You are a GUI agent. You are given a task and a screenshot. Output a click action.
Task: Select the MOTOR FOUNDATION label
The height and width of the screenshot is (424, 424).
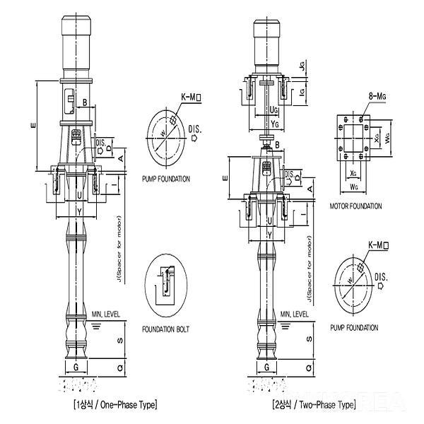click(x=355, y=206)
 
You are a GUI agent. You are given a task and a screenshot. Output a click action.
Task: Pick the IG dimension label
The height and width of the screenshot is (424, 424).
click(x=302, y=92)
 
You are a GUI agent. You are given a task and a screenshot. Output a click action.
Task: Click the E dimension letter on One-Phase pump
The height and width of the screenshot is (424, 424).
click(x=33, y=126)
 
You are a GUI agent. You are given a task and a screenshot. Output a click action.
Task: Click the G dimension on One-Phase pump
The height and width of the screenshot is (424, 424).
click(x=76, y=367)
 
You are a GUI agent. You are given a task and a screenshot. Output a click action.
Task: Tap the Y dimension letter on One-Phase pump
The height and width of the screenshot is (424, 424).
click(x=79, y=211)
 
